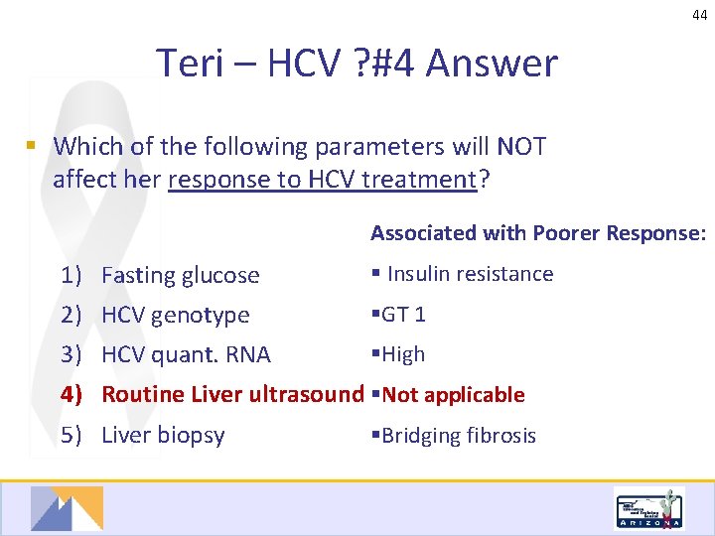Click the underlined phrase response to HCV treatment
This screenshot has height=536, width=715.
tap(323, 180)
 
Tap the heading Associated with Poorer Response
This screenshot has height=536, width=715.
tap(538, 233)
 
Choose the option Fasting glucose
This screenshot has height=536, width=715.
tap(180, 275)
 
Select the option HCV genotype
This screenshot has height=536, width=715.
tap(176, 315)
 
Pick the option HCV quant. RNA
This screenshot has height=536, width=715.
tap(186, 354)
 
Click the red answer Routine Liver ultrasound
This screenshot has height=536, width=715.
tap(232, 394)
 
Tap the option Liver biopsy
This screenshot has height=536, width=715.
tap(163, 435)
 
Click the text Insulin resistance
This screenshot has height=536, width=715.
tap(470, 274)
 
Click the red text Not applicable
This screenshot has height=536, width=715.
tap(453, 395)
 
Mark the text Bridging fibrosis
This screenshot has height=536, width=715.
tap(458, 436)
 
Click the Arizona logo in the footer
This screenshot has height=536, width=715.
tap(648, 509)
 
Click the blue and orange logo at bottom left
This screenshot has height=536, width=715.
tap(66, 508)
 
